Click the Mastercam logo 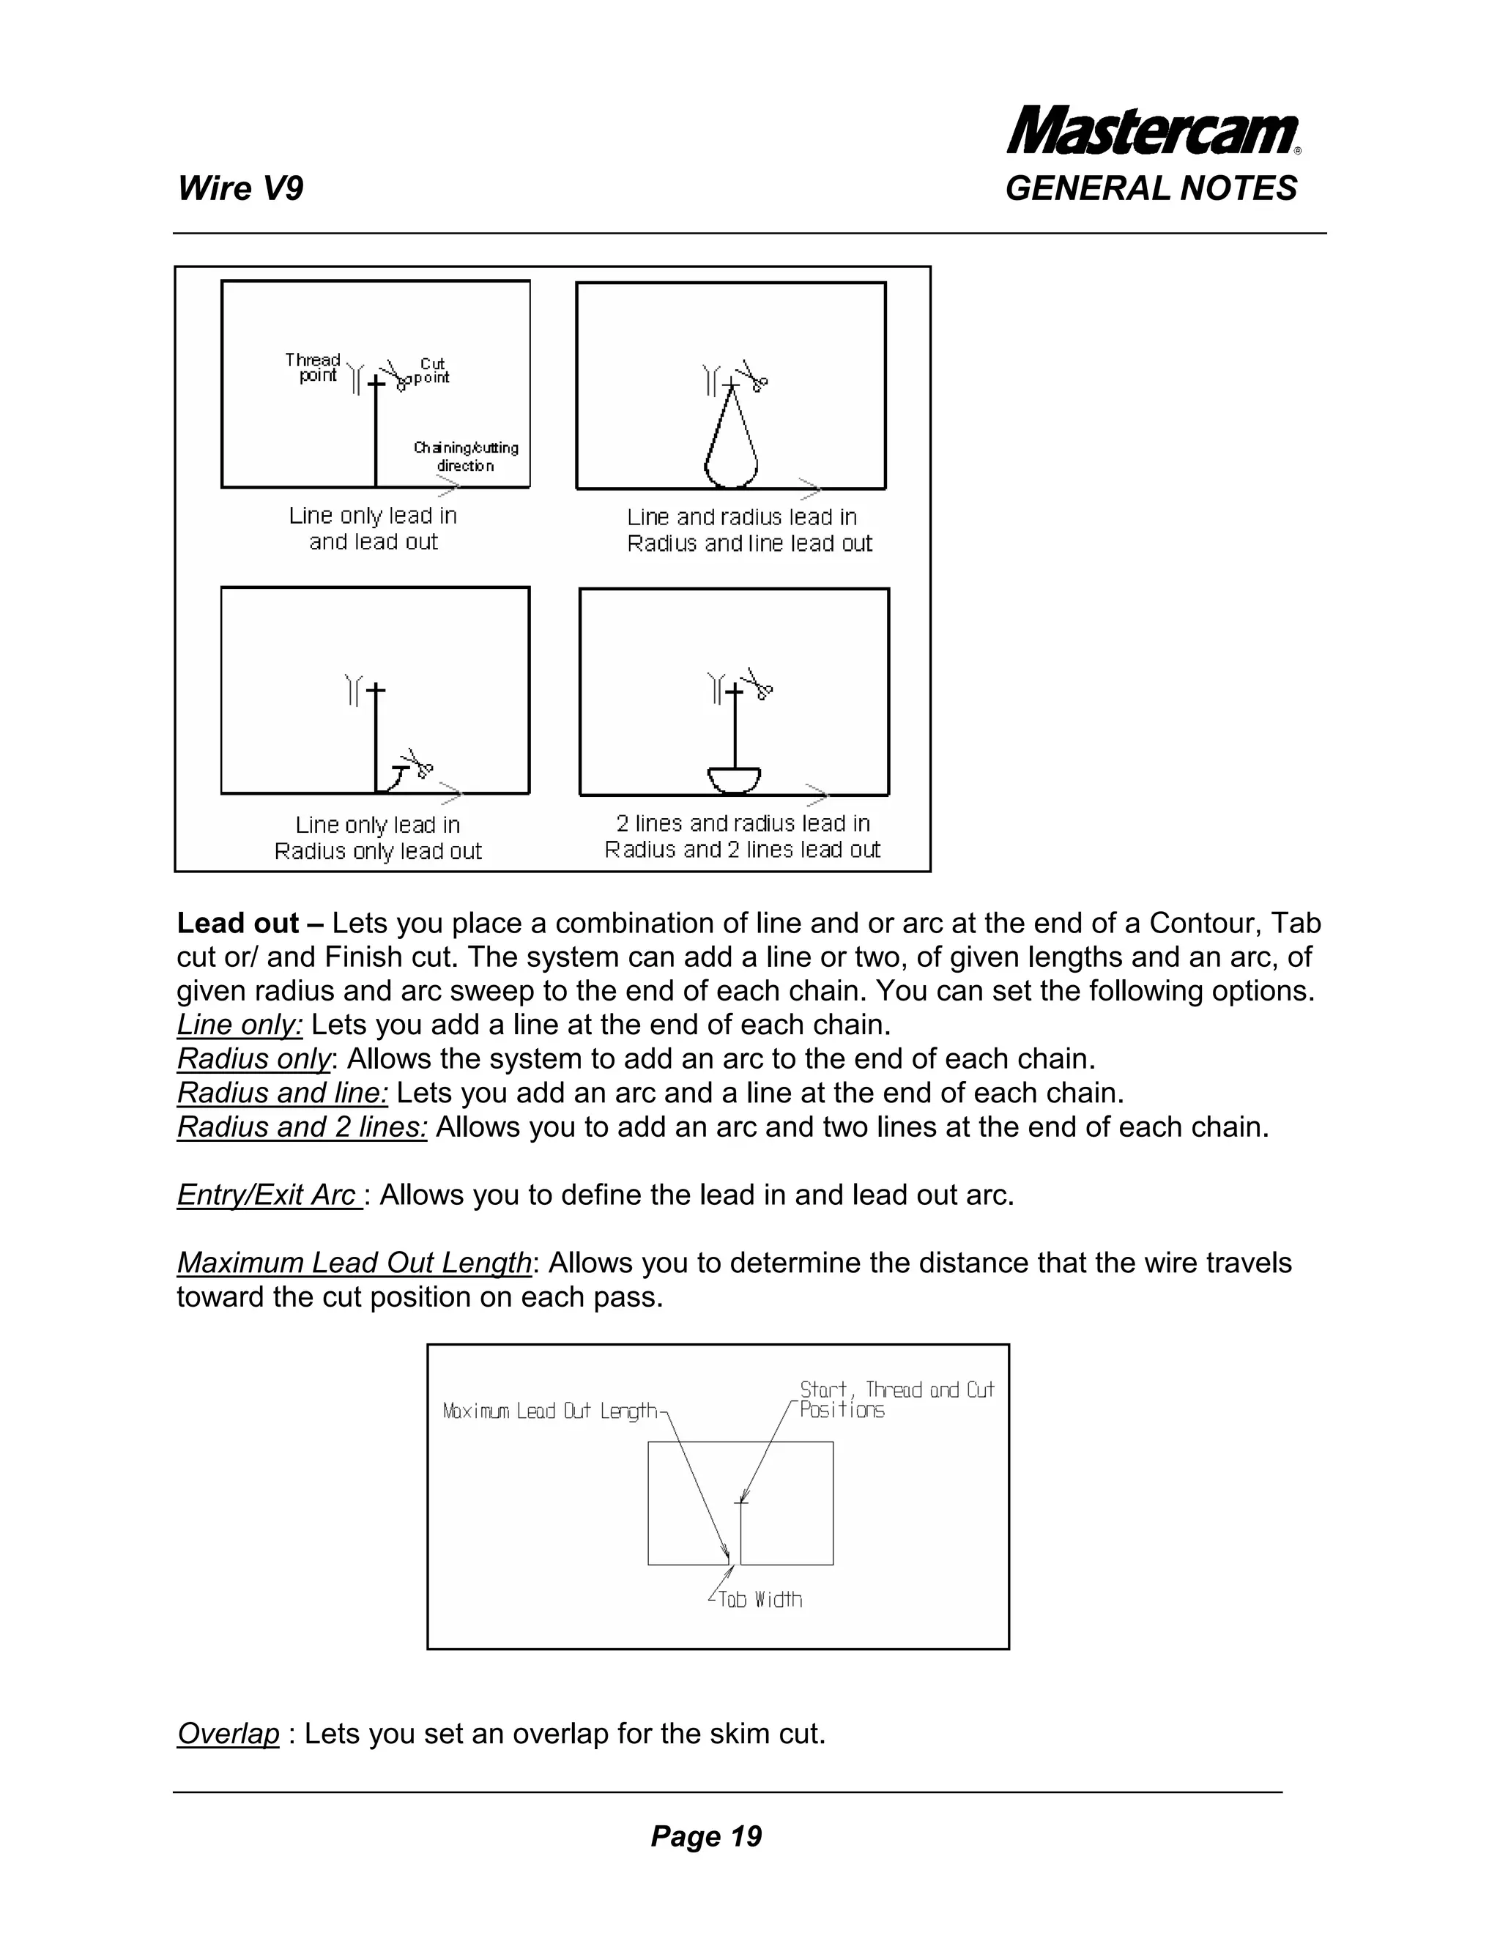(1153, 130)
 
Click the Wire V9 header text (240, 189)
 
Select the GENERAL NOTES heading (1151, 189)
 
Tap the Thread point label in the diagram (313, 368)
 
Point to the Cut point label (433, 371)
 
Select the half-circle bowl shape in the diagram (734, 779)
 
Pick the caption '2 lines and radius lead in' (743, 824)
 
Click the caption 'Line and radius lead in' (742, 517)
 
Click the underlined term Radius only (254, 1059)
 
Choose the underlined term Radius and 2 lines (302, 1127)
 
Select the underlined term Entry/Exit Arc (268, 1195)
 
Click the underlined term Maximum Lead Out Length (354, 1263)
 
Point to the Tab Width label (760, 1600)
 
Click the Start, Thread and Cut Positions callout (895, 1400)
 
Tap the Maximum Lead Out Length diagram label (551, 1411)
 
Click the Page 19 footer (707, 1837)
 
